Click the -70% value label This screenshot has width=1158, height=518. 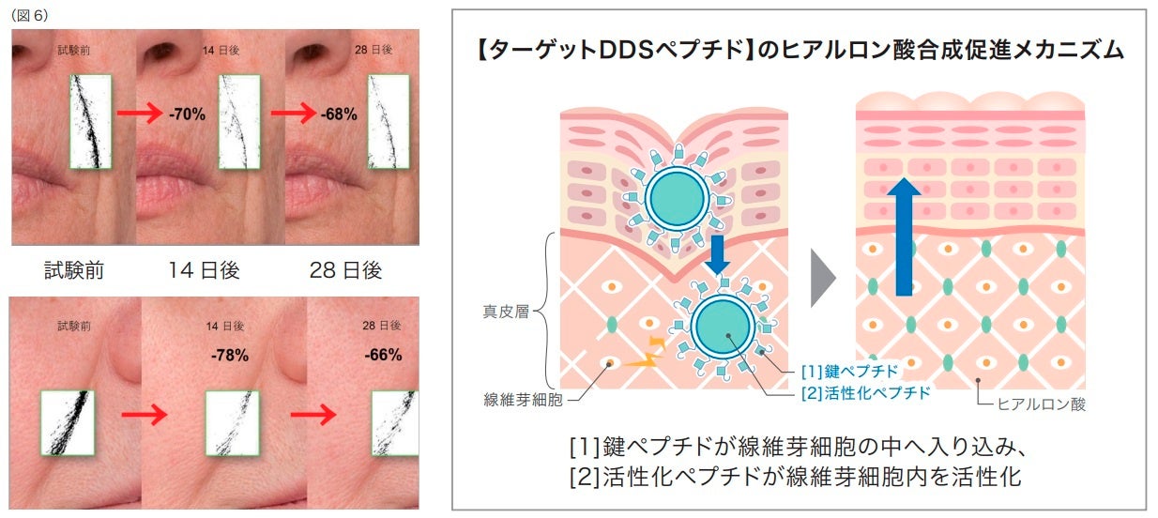pos(187,114)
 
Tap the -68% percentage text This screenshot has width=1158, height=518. pos(338,114)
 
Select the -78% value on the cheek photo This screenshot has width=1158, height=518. pos(229,355)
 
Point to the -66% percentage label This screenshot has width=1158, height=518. pos(383,355)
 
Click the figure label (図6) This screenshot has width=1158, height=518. pos(29,16)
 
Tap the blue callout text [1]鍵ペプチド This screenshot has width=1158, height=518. pos(851,371)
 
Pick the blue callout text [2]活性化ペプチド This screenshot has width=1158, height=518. pos(865,393)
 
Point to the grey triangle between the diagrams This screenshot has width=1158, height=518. pos(823,277)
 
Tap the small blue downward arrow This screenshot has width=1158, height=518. pos(717,254)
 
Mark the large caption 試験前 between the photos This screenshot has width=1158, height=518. pos(75,270)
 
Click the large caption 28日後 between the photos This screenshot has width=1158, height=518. pos(345,270)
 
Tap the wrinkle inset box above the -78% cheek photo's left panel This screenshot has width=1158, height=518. pos(67,421)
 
